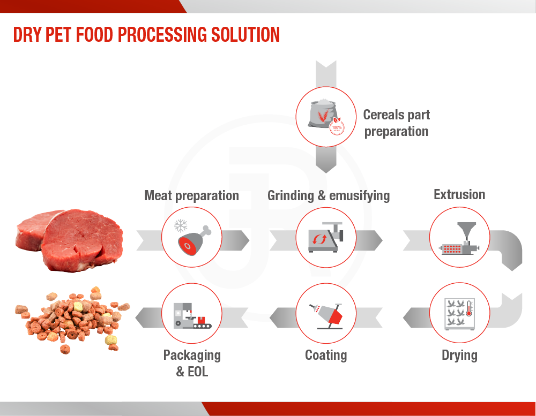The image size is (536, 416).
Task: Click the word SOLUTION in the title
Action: [x=245, y=35]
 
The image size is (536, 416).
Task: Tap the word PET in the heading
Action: [x=58, y=35]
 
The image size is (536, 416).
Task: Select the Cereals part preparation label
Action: [x=397, y=123]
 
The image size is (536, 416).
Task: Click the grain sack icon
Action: [x=322, y=114]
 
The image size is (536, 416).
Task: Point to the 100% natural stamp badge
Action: [x=337, y=127]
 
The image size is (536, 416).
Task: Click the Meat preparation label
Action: [x=191, y=196]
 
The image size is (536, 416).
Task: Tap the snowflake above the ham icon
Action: [x=181, y=226]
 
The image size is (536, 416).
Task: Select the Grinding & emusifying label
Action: [x=329, y=196]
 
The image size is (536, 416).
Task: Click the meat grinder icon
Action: [x=325, y=237]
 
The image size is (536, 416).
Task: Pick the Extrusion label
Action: [x=459, y=194]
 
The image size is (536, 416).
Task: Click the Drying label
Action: [x=459, y=356]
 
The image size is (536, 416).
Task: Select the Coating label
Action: [x=326, y=355]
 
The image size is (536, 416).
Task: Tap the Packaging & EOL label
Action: [x=192, y=363]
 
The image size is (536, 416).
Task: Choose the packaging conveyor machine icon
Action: [x=192, y=315]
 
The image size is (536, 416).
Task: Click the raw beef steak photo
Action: [x=69, y=240]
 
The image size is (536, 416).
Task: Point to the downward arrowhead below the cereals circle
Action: [x=326, y=167]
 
